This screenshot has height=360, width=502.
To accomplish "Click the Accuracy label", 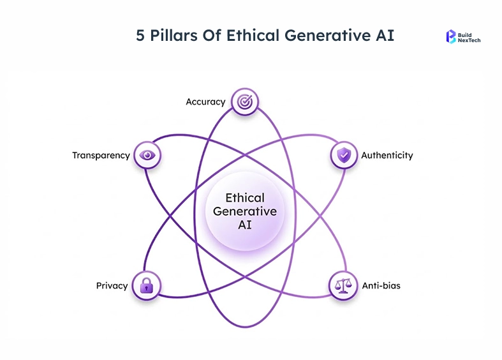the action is (x=205, y=101).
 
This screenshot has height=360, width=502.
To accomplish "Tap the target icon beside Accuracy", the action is (x=244, y=101).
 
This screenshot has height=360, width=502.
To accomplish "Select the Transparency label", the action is (x=101, y=155).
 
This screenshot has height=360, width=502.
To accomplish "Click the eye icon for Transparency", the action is (x=147, y=155).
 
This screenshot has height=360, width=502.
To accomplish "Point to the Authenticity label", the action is (x=387, y=155).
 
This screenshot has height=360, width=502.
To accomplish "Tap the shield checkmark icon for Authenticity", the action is (x=343, y=155).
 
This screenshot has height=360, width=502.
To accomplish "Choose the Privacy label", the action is (x=112, y=285).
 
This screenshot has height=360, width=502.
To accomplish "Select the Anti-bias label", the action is (x=381, y=285).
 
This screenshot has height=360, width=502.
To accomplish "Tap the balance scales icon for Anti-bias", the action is (x=343, y=285).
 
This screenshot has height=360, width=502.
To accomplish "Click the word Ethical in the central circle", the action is (x=245, y=199).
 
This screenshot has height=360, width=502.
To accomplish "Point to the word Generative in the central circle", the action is (x=245, y=211).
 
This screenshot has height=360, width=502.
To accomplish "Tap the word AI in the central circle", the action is (x=245, y=225).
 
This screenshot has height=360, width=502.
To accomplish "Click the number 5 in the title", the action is (x=140, y=35).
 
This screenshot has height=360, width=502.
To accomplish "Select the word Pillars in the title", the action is (x=172, y=35).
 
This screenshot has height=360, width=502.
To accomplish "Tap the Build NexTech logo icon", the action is (x=451, y=36).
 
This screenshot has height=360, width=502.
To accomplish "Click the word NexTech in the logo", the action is (x=469, y=40).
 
